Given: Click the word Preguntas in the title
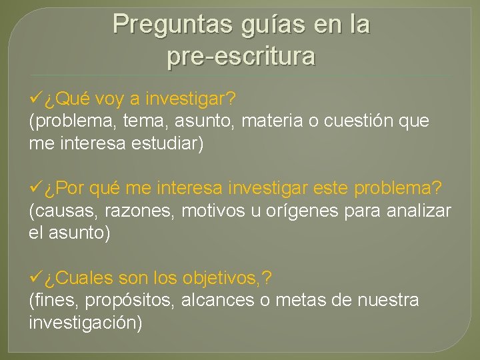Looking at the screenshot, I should [x=172, y=25].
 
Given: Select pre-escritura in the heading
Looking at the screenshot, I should [x=241, y=57].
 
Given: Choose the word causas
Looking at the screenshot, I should [x=61, y=211].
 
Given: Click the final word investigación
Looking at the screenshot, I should [x=85, y=323].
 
